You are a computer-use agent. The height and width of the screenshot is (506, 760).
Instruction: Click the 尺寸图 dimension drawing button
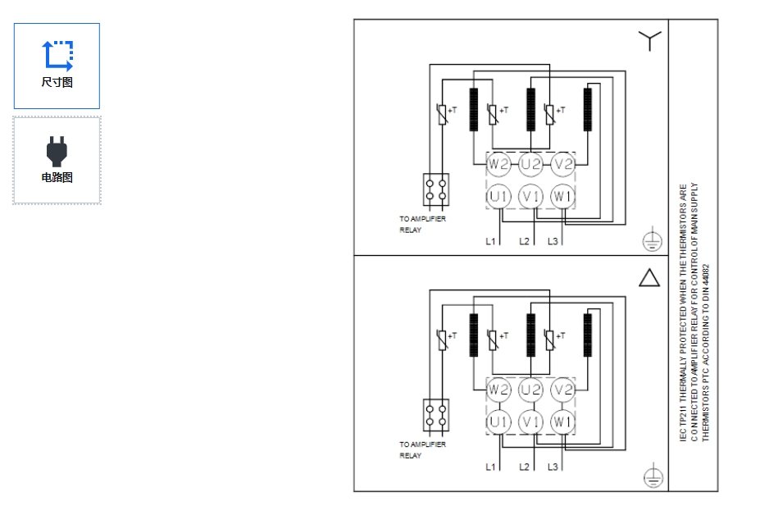coord(57,66)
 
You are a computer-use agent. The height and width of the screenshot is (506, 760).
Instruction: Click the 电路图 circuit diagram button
coord(57,160)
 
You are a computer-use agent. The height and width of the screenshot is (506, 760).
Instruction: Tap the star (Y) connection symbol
coord(649,40)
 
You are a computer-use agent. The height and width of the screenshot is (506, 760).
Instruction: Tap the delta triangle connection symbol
coord(649,278)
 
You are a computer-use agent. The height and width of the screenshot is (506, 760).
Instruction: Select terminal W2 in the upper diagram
coord(498,164)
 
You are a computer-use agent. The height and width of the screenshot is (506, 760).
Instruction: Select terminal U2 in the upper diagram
coord(530,164)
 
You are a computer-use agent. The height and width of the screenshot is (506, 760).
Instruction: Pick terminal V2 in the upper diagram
coord(562,164)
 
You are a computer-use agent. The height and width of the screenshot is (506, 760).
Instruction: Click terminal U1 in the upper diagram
coord(498,197)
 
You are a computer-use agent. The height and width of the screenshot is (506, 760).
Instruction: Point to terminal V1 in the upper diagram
coord(530,197)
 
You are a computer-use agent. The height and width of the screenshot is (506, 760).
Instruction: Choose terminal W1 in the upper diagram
coord(562,197)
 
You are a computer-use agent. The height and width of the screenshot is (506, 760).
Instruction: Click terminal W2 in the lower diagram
coord(498,390)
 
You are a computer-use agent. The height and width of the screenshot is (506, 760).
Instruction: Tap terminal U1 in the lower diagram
coord(498,422)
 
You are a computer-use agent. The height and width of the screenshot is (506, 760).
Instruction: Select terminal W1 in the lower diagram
coord(562,422)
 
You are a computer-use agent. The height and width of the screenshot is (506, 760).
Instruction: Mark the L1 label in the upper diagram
coord(490,241)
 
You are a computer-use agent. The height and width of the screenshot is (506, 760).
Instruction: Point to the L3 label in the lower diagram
coord(553,467)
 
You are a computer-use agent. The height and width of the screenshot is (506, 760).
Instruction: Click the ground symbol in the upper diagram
coord(651,241)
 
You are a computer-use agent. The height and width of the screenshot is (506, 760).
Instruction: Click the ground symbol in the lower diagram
coord(651,476)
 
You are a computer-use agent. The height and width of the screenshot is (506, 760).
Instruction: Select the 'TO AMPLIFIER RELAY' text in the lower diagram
coord(422,449)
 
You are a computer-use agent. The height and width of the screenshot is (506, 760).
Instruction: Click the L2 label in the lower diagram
coord(524,467)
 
